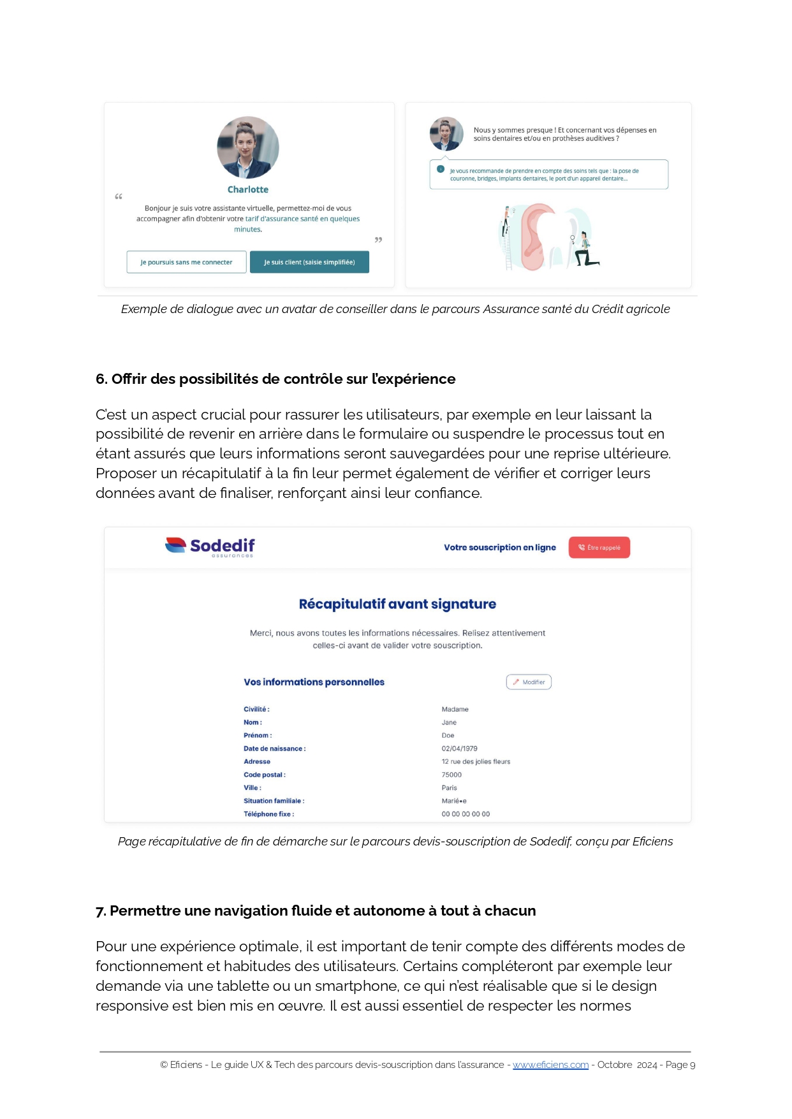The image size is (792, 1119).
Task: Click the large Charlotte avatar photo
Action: tap(248, 147)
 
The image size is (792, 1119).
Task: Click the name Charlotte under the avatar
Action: tap(248, 189)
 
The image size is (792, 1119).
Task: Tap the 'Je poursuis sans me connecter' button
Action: tap(186, 262)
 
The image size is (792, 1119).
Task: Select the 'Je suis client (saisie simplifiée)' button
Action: tap(309, 262)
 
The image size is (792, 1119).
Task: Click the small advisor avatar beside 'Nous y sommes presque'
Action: tap(446, 134)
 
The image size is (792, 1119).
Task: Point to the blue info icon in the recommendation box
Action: tap(441, 169)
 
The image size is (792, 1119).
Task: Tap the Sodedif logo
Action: tap(210, 546)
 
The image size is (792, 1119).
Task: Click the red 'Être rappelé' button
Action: tap(599, 548)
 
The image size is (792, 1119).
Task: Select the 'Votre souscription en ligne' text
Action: tap(500, 548)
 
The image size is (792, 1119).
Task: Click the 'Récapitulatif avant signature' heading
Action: tap(397, 604)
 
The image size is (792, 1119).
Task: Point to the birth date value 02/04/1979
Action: tap(459, 749)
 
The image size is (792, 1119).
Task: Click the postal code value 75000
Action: tap(451, 775)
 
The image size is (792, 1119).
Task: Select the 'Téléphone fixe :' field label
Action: tap(268, 814)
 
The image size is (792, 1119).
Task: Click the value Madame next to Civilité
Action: tap(455, 709)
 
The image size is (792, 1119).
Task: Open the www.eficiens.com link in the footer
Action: tap(550, 1065)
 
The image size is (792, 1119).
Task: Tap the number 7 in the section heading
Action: tap(100, 911)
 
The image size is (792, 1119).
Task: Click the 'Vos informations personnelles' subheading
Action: tap(314, 682)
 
